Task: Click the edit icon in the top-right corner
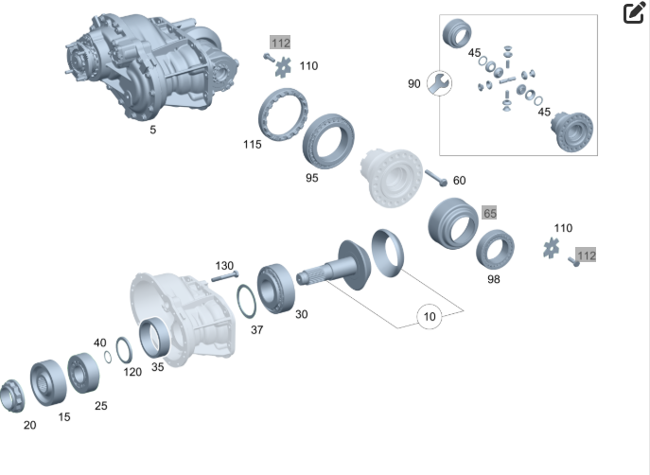tap(634, 13)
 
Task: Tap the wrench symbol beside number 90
tap(439, 83)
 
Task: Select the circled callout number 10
tap(429, 317)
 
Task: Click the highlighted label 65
tap(489, 213)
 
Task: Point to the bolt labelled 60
tap(436, 178)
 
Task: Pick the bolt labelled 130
tap(224, 276)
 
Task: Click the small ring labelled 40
tap(107, 357)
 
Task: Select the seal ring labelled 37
tap(247, 301)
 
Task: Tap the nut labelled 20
tap(12, 396)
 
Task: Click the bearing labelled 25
tap(83, 373)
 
